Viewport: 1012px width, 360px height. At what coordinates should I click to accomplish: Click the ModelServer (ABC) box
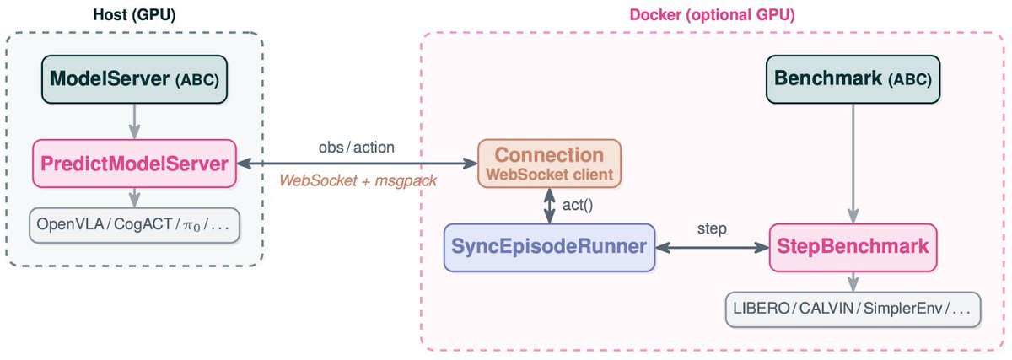[x=133, y=81]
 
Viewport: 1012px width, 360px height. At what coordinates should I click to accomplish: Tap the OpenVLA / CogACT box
[x=133, y=226]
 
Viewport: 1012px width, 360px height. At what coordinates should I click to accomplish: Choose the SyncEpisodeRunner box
[x=550, y=247]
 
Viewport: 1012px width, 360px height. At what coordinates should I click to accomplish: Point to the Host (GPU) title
[x=133, y=14]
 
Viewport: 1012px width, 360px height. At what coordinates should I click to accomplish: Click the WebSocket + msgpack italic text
[x=357, y=180]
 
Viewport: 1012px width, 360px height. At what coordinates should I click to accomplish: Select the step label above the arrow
[x=713, y=229]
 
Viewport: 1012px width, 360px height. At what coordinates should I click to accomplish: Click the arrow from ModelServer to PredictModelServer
[x=133, y=121]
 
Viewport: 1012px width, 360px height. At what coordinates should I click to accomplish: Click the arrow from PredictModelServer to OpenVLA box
[x=133, y=197]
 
